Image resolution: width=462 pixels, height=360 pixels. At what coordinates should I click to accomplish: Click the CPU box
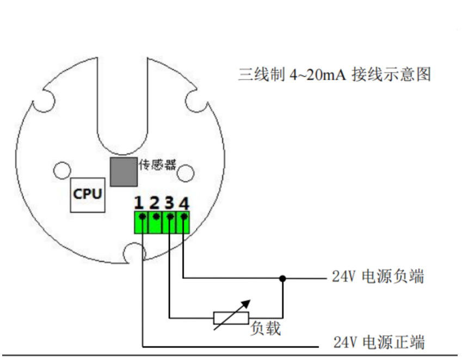point(88,195)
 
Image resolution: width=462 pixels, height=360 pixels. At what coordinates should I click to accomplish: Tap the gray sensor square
point(124,172)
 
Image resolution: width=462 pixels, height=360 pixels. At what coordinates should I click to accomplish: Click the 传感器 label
point(158,165)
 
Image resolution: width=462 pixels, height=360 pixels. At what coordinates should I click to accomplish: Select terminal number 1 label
point(139,203)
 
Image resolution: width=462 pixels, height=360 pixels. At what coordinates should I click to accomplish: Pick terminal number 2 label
point(155,203)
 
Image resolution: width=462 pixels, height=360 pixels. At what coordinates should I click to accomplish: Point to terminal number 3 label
point(169,203)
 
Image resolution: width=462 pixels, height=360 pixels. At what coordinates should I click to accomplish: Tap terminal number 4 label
point(183,203)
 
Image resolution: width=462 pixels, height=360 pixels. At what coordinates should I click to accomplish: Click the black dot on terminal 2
point(157,217)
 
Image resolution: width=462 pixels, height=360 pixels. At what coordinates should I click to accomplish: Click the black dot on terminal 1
point(143,217)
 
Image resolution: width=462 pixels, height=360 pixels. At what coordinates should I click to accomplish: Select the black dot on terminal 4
point(184,217)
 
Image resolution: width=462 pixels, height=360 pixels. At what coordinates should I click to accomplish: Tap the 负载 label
point(266,328)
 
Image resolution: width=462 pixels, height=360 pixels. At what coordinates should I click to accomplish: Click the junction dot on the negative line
point(282,278)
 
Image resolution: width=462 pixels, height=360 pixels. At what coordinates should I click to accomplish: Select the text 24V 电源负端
point(378,277)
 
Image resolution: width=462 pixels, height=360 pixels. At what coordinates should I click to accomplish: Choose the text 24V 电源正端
point(379,343)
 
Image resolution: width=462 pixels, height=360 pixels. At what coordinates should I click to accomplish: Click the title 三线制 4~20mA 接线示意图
point(335,74)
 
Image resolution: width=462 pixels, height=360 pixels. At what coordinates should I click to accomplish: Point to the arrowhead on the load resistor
point(247,303)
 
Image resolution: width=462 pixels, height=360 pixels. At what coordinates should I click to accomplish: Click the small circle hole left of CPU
point(62,170)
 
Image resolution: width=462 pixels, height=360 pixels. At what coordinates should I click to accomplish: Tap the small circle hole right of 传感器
point(186,173)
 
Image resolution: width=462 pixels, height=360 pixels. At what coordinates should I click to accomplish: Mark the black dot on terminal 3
point(170,217)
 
